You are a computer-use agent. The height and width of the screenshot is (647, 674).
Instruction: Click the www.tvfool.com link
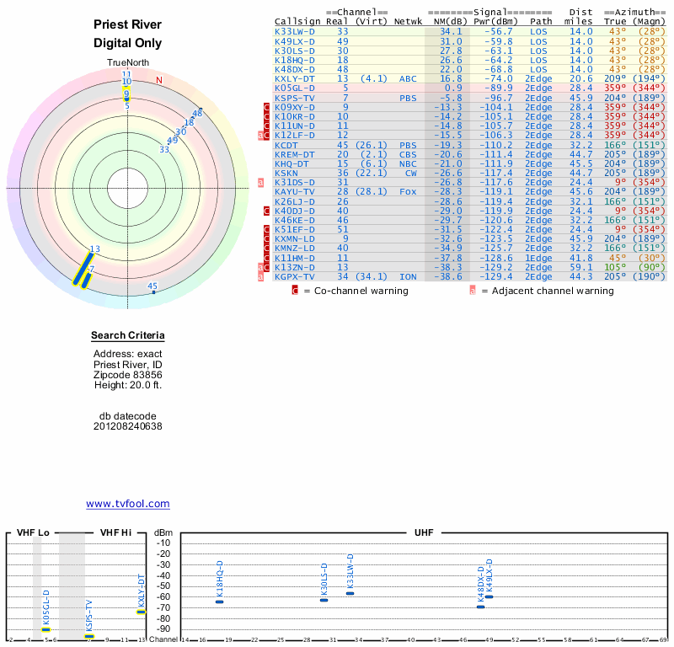tap(127, 504)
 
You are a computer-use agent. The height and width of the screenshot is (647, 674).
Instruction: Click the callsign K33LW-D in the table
tap(295, 31)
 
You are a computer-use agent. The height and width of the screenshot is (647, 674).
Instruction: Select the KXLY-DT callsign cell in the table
tap(295, 78)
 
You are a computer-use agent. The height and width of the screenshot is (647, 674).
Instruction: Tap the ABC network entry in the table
tap(408, 78)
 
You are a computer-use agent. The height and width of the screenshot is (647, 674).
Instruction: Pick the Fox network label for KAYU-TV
tap(408, 191)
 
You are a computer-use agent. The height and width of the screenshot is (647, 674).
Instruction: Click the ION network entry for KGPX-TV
tap(408, 276)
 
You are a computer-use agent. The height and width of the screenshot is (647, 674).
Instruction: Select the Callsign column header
tap(297, 21)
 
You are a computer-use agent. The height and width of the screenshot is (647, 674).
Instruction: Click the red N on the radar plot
tap(158, 80)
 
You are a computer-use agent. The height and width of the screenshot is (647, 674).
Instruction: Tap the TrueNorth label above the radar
tap(127, 63)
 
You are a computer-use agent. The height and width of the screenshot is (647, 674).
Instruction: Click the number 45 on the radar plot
tap(152, 286)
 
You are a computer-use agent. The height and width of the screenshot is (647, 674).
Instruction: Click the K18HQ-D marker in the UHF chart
tap(220, 602)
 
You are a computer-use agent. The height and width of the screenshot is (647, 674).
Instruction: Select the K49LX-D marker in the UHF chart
tap(489, 596)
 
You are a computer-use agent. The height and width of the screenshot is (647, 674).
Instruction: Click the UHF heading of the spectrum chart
tap(424, 532)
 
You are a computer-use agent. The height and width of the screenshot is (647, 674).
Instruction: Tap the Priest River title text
tap(127, 24)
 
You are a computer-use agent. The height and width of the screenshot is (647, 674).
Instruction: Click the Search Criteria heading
tap(127, 337)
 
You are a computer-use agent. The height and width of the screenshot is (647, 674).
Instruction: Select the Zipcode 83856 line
tap(127, 375)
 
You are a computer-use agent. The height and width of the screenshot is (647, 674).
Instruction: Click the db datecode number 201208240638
tap(127, 426)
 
